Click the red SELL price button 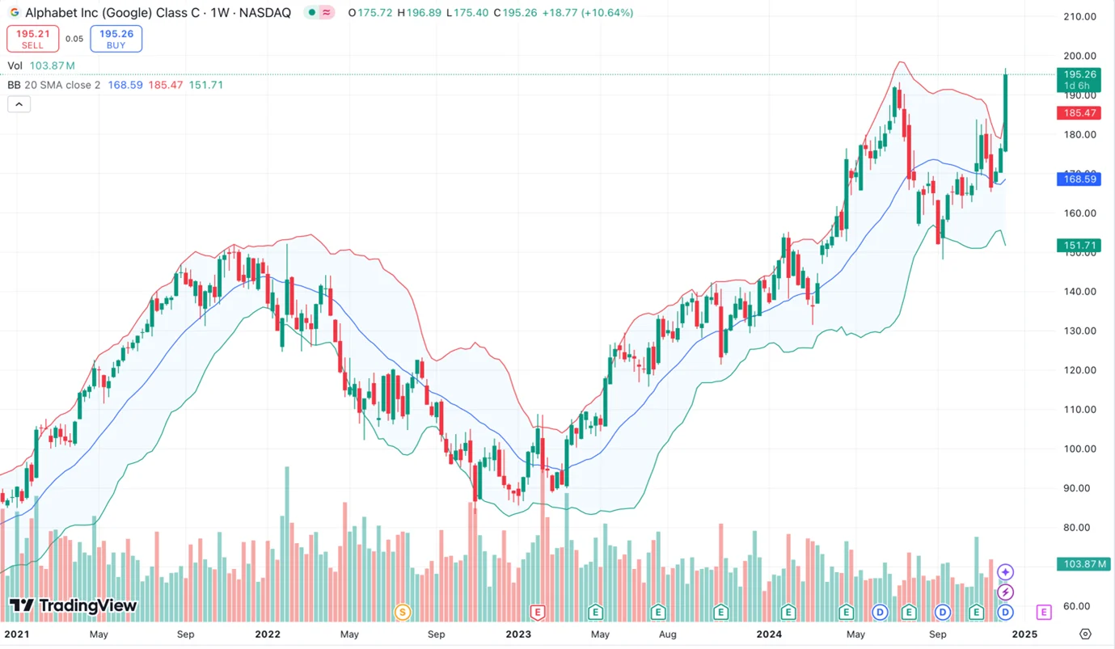coord(32,39)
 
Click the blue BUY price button coord(116,39)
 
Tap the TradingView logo coord(73,606)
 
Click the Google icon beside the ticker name coord(15,13)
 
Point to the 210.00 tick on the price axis coord(1079,17)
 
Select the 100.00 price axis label coord(1079,449)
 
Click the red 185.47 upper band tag coord(1079,114)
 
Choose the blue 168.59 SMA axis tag coord(1079,179)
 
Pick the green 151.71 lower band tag coord(1079,246)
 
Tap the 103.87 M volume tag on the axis coord(1083,564)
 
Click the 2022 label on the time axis coord(268,634)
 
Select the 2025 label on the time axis coord(1024,634)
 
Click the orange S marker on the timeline coord(402,612)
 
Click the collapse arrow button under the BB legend coord(19,104)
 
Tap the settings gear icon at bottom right coord(1085,634)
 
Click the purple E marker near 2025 coord(1044,612)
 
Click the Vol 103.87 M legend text coord(41,65)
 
